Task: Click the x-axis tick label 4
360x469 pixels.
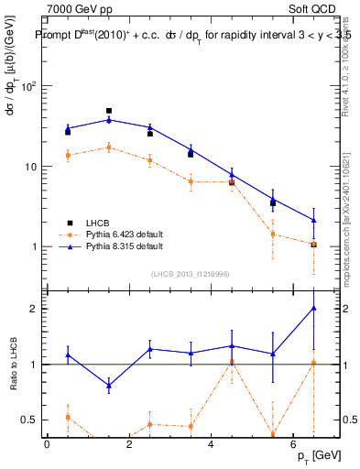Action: (x=211, y=444)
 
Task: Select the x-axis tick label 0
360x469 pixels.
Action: (x=47, y=444)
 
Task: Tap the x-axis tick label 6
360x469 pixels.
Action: (x=293, y=444)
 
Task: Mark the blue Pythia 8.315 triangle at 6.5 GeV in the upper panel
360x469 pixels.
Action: (x=314, y=220)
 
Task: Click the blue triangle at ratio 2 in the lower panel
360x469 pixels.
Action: (x=314, y=309)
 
